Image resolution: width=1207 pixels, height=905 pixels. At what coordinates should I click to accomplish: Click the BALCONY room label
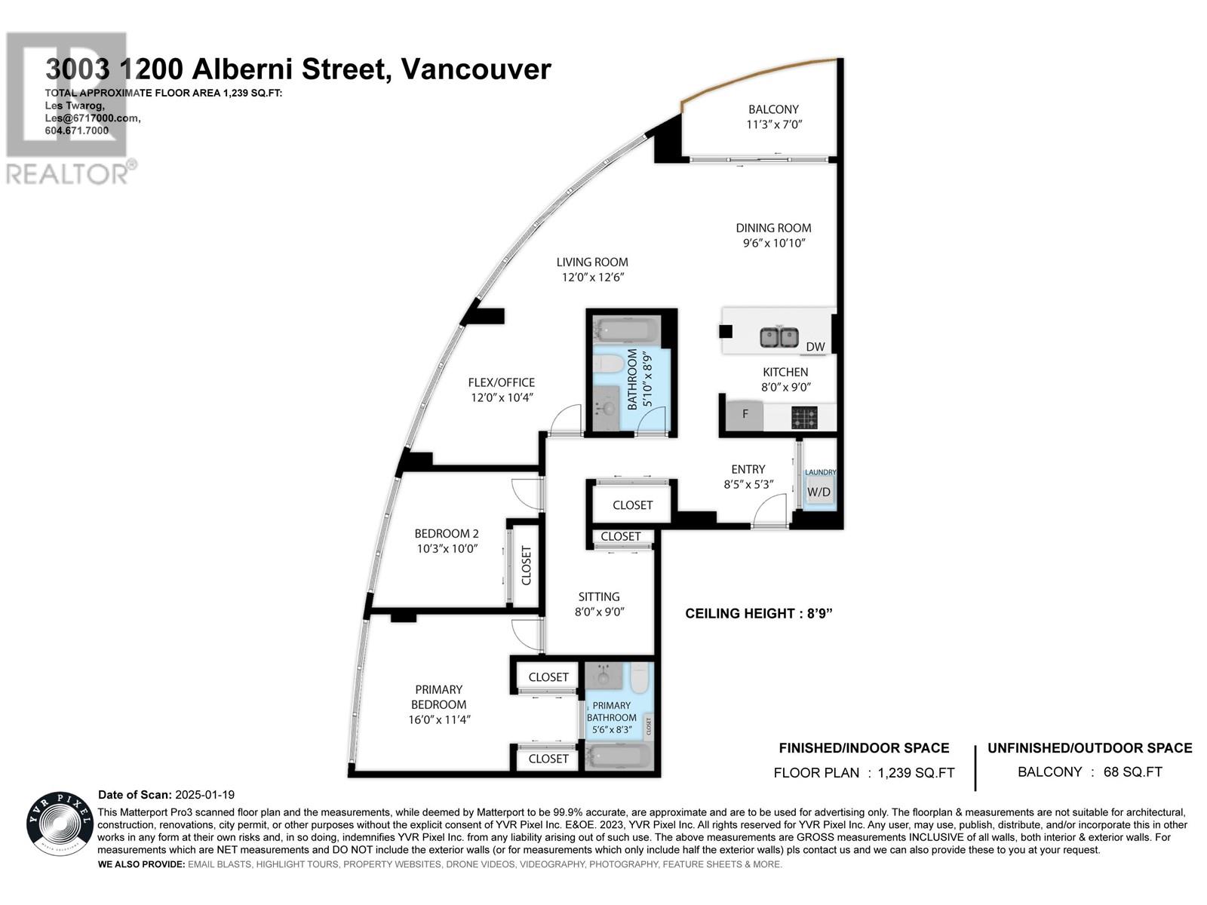(773, 109)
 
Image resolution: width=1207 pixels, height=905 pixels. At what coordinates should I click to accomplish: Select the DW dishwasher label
(815, 347)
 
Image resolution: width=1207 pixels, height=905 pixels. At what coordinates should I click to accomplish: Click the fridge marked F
(745, 414)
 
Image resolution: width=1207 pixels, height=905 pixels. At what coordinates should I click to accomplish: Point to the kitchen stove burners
(804, 417)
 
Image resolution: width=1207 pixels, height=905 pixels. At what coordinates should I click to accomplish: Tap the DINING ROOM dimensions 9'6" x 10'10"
(774, 243)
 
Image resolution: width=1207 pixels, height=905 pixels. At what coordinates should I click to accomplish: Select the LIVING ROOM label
(592, 262)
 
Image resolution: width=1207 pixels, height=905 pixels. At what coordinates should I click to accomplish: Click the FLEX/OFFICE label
(501, 382)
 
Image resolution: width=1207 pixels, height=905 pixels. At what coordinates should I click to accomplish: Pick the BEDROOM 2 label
(447, 533)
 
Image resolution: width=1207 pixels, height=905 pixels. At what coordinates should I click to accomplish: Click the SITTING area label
(599, 597)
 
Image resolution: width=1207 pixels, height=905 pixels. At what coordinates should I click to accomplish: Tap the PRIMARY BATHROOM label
(612, 711)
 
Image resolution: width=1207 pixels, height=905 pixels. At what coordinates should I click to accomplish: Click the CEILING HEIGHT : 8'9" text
(758, 613)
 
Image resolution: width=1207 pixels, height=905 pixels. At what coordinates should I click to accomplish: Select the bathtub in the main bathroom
(628, 330)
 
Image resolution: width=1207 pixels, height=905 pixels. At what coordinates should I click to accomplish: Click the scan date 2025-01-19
(204, 795)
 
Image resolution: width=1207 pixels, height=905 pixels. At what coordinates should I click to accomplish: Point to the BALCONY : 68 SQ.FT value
(1089, 772)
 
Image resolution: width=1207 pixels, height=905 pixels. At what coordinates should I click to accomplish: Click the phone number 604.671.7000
(77, 130)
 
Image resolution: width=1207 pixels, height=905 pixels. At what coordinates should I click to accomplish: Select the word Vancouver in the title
(476, 69)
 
